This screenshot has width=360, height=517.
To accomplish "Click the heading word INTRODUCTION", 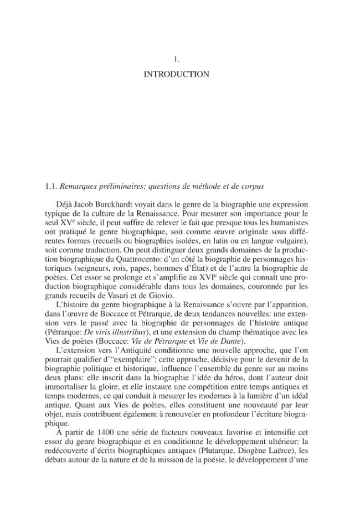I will click(176, 74).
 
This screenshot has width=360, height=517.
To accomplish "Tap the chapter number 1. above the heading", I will click(176, 57).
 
